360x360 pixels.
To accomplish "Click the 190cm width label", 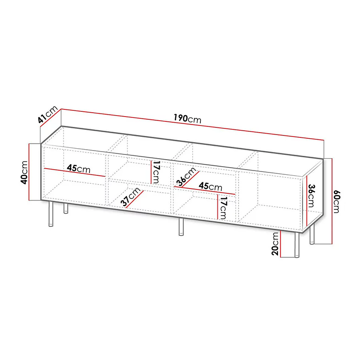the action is click(187, 119).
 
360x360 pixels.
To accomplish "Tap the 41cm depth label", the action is click(47, 116).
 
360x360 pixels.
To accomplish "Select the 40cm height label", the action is click(24, 172).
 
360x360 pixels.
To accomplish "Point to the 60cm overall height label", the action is click(336, 201).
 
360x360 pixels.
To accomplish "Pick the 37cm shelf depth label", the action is click(130, 197).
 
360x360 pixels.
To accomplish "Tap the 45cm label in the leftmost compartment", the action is click(79, 169).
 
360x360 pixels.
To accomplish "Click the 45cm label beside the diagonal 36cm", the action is click(210, 186).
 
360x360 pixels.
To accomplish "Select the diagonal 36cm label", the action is click(186, 176).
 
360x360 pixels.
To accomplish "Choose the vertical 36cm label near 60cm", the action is click(311, 196).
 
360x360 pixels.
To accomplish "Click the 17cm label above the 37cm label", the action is click(156, 172).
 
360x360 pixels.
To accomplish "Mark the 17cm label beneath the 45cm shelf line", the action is click(223, 207).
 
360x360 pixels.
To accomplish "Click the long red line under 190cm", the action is click(192, 124).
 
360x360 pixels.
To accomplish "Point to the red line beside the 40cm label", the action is click(29, 172).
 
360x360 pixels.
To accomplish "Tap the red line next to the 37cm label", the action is click(135, 199).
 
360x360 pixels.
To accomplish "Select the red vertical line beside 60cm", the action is click(332, 201).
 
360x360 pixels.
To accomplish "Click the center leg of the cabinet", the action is click(181, 227).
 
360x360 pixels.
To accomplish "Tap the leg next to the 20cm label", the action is click(297, 245).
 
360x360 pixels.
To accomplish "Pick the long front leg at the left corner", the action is click(51, 214).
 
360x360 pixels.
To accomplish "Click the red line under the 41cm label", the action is click(51, 117).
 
